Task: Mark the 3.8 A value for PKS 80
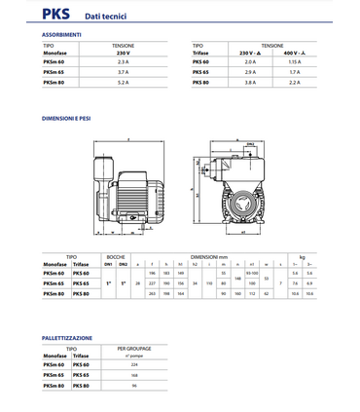[x=249, y=83]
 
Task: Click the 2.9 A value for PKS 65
[x=249, y=72]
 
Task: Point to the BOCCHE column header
[x=116, y=255]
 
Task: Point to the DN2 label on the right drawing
[x=250, y=143]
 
